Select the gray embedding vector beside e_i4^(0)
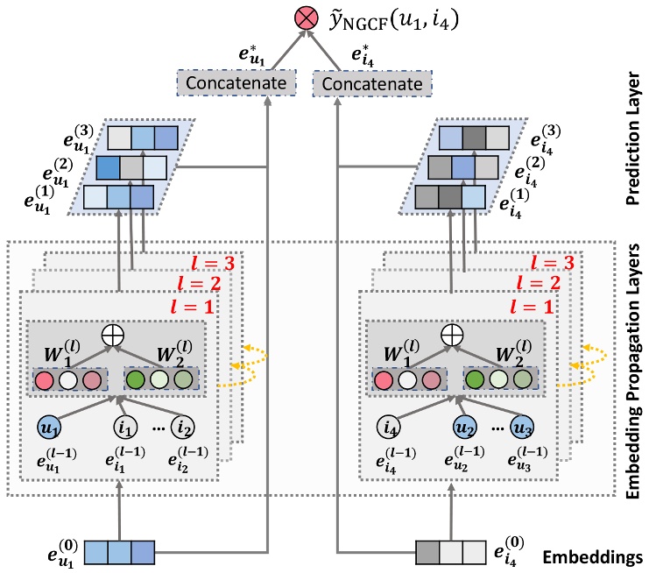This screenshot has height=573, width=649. (448, 553)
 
